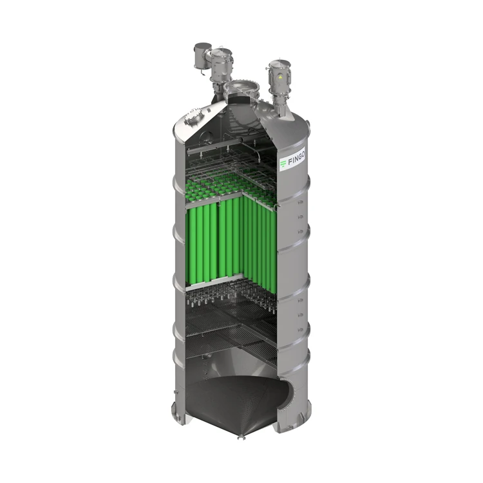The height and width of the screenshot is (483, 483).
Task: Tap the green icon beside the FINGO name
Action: (x=283, y=164)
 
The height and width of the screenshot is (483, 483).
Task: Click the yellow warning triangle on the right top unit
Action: (x=279, y=78)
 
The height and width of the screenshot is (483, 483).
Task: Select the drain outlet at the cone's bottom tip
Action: (x=241, y=437)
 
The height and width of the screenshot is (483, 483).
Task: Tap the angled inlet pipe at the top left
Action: (x=200, y=55)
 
